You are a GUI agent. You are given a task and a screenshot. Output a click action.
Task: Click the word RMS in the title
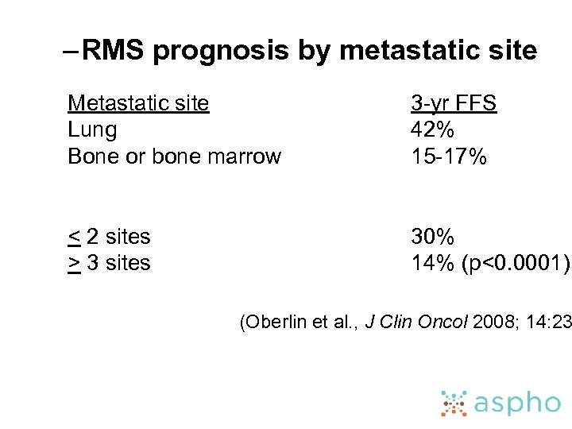point(113,51)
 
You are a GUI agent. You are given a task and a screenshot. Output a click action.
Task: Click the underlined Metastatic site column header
point(138,103)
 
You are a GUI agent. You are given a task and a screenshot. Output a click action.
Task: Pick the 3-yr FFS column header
point(453,103)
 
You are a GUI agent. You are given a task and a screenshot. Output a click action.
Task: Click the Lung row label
point(92,130)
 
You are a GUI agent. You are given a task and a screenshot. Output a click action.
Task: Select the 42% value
point(432,130)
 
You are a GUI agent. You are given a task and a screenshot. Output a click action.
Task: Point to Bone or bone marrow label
point(174,157)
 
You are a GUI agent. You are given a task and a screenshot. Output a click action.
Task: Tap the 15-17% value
point(448,157)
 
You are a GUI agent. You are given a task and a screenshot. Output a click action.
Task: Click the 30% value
point(432,237)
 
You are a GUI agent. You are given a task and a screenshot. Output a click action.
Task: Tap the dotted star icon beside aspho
point(454,403)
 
